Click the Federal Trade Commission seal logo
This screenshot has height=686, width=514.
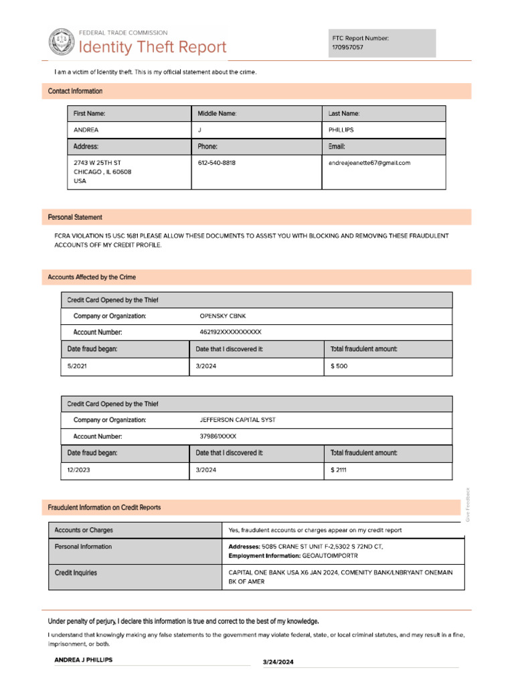coord(62,42)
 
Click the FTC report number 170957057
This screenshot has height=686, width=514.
coord(348,48)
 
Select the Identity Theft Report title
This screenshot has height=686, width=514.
coord(153,48)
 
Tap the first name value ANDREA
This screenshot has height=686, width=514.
coord(86,130)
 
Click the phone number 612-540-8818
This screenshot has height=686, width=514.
coord(216,163)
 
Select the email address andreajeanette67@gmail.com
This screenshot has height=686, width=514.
coord(369,163)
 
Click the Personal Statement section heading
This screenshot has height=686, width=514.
coord(75,217)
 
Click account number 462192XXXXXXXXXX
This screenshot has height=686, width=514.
coord(230,332)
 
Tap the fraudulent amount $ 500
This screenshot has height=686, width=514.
coord(339,366)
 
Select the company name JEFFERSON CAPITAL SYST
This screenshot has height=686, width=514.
coord(238,420)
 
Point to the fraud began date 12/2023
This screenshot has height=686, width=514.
coord(79,470)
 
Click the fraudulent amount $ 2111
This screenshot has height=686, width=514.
coord(339,470)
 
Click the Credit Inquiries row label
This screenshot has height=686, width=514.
coord(76,573)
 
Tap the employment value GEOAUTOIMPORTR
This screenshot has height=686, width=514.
coord(331,556)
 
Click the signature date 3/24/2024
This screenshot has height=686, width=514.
coord(278,662)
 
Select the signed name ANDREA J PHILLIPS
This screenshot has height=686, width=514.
coord(83,660)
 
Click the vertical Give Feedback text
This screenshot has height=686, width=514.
coord(468,504)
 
